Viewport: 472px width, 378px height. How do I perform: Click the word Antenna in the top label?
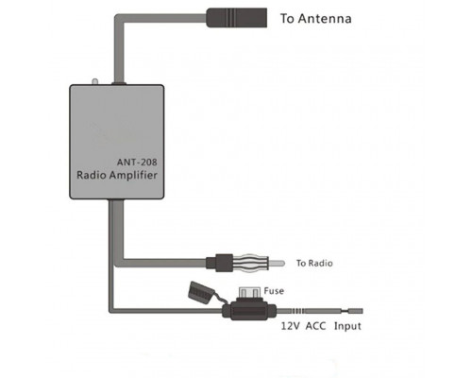tap(325, 19)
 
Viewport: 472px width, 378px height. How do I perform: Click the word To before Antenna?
tap(287, 19)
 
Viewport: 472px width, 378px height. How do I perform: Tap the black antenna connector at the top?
tap(236, 18)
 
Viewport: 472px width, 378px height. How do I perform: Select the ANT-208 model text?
tap(137, 163)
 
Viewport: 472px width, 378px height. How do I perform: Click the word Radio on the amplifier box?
tap(92, 175)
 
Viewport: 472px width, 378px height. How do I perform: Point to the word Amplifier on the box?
tap(133, 175)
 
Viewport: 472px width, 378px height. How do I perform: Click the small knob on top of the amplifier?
tap(94, 81)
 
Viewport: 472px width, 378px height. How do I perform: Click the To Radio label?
tap(314, 263)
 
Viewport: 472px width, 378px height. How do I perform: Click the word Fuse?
tap(274, 291)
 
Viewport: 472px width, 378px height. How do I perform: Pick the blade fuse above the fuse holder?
tap(250, 293)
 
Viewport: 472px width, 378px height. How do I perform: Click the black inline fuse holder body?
tap(249, 311)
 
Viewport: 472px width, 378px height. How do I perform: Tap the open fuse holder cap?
tap(200, 293)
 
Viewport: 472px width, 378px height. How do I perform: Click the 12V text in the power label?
tap(291, 326)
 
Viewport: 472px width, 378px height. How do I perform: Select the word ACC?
tap(315, 326)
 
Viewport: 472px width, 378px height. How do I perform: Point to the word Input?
tap(347, 326)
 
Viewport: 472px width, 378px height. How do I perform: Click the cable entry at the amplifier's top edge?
tap(119, 83)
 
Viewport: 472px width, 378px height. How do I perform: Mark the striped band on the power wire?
tap(297, 311)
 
